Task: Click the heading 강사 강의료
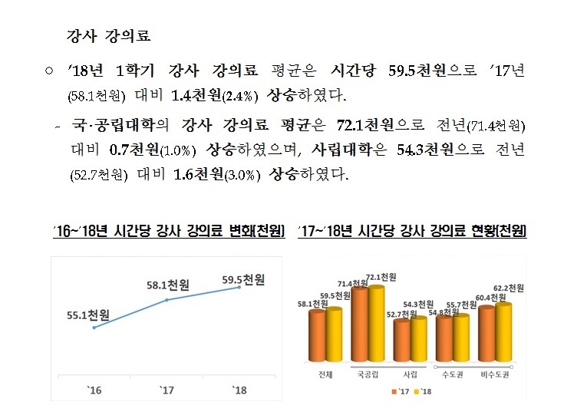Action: tap(109, 35)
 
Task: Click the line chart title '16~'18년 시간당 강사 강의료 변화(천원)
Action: tap(168, 230)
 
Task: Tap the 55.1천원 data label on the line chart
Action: tap(88, 315)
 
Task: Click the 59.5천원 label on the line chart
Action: tap(243, 280)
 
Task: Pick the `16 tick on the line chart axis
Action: tap(94, 390)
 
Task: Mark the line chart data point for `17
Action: tap(167, 300)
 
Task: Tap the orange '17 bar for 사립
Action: tap(401, 340)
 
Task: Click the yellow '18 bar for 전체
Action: tap(334, 334)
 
